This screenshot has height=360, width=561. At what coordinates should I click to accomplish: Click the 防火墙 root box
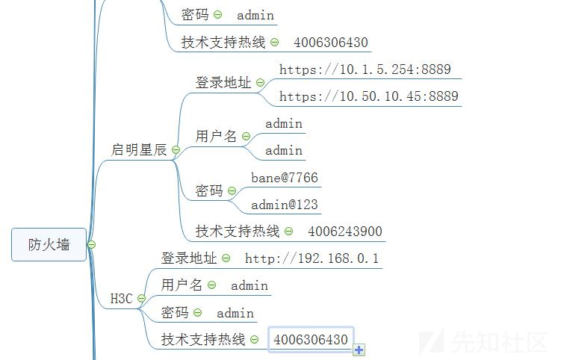click(x=49, y=244)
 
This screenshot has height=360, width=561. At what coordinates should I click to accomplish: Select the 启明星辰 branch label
click(x=139, y=149)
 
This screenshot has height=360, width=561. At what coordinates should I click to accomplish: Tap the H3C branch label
click(x=121, y=299)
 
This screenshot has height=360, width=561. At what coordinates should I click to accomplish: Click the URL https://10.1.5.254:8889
click(x=365, y=69)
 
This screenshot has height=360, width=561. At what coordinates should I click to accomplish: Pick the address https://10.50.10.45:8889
click(x=368, y=96)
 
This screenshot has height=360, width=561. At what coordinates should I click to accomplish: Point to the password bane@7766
click(x=284, y=178)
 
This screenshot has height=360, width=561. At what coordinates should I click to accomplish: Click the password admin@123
click(x=286, y=205)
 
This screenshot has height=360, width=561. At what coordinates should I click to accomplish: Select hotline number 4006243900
click(x=345, y=232)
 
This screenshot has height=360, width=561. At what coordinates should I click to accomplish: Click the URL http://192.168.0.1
click(x=312, y=258)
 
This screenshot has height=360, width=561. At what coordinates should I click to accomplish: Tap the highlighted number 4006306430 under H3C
click(x=311, y=340)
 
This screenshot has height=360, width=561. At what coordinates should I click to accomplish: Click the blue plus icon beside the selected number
click(x=359, y=350)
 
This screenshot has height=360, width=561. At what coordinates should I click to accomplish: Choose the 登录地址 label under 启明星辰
click(x=223, y=83)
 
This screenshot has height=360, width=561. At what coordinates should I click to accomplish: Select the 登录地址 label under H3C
click(x=189, y=258)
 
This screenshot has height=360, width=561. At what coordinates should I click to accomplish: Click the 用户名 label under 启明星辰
click(x=216, y=136)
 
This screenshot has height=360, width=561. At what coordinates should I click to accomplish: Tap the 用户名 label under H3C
click(x=182, y=285)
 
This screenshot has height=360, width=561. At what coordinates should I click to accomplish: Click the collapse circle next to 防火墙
click(x=91, y=245)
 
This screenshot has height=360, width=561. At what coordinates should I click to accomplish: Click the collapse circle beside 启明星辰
click(x=176, y=150)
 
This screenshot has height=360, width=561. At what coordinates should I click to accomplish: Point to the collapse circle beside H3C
click(x=141, y=299)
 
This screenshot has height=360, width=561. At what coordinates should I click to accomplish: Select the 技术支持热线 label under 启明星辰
click(x=238, y=232)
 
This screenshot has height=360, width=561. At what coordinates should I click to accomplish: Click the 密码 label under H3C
click(x=175, y=313)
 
